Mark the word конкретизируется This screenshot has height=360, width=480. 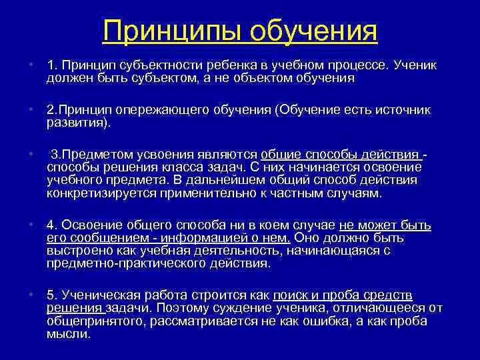(100, 193)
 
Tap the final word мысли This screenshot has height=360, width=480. (67, 333)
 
